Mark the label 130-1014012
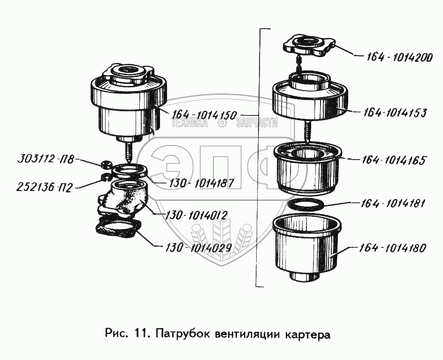(x=196, y=215)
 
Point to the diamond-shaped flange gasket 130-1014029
(x=117, y=230)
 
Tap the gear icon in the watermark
(x=222, y=123)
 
